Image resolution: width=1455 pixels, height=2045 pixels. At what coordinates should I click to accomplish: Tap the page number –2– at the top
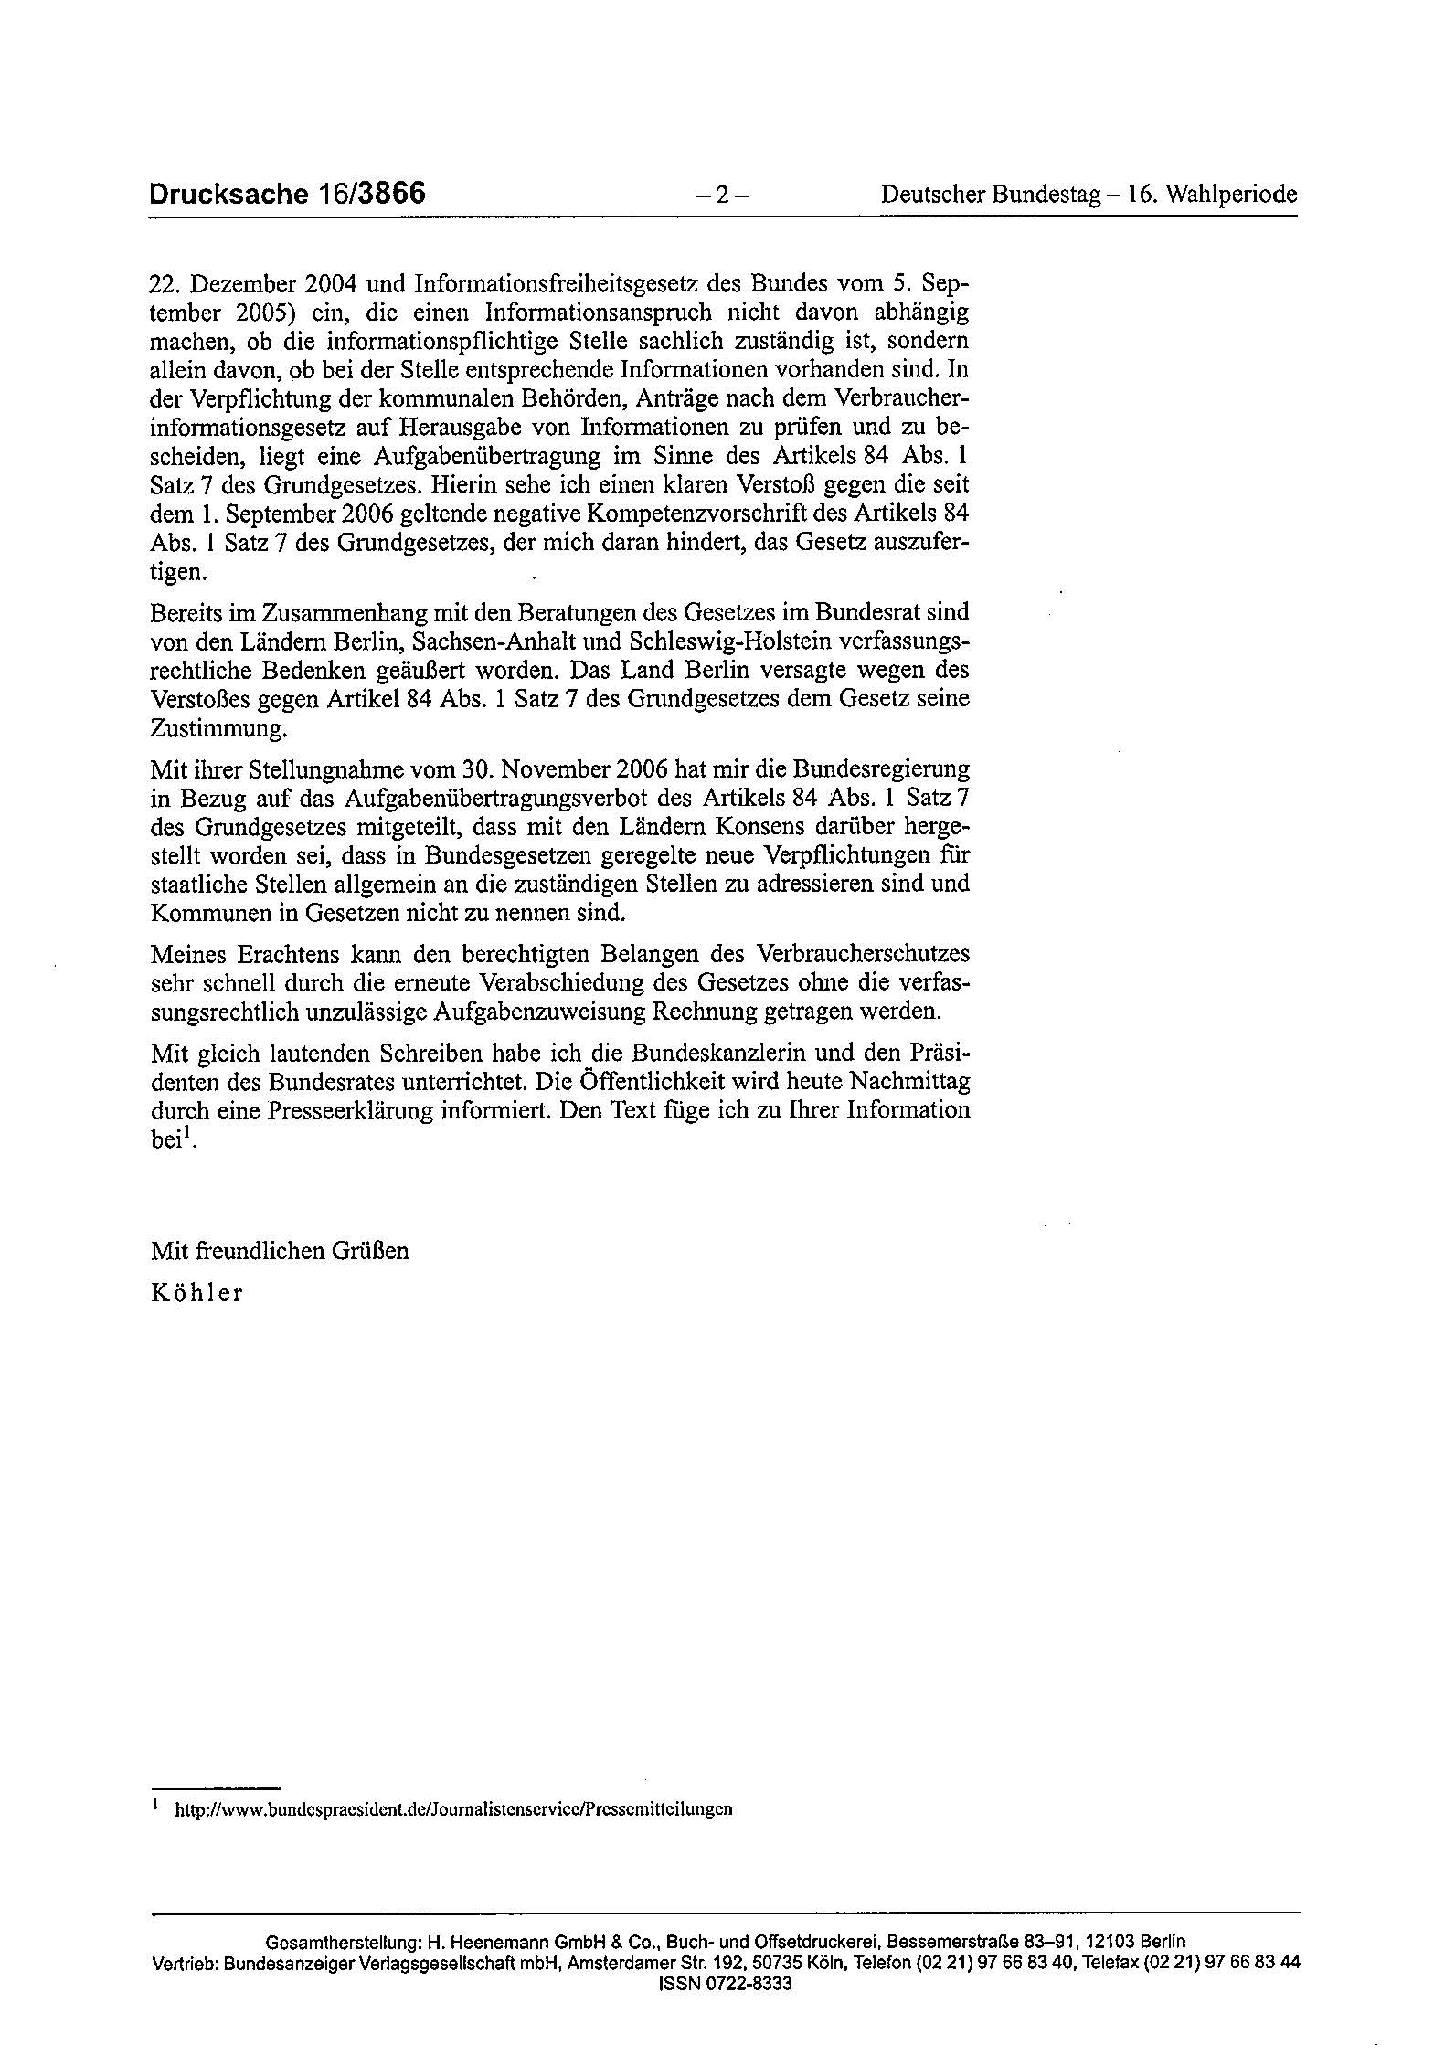[x=721, y=196]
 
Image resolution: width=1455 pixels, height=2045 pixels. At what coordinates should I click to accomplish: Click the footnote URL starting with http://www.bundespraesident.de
[x=453, y=1808]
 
